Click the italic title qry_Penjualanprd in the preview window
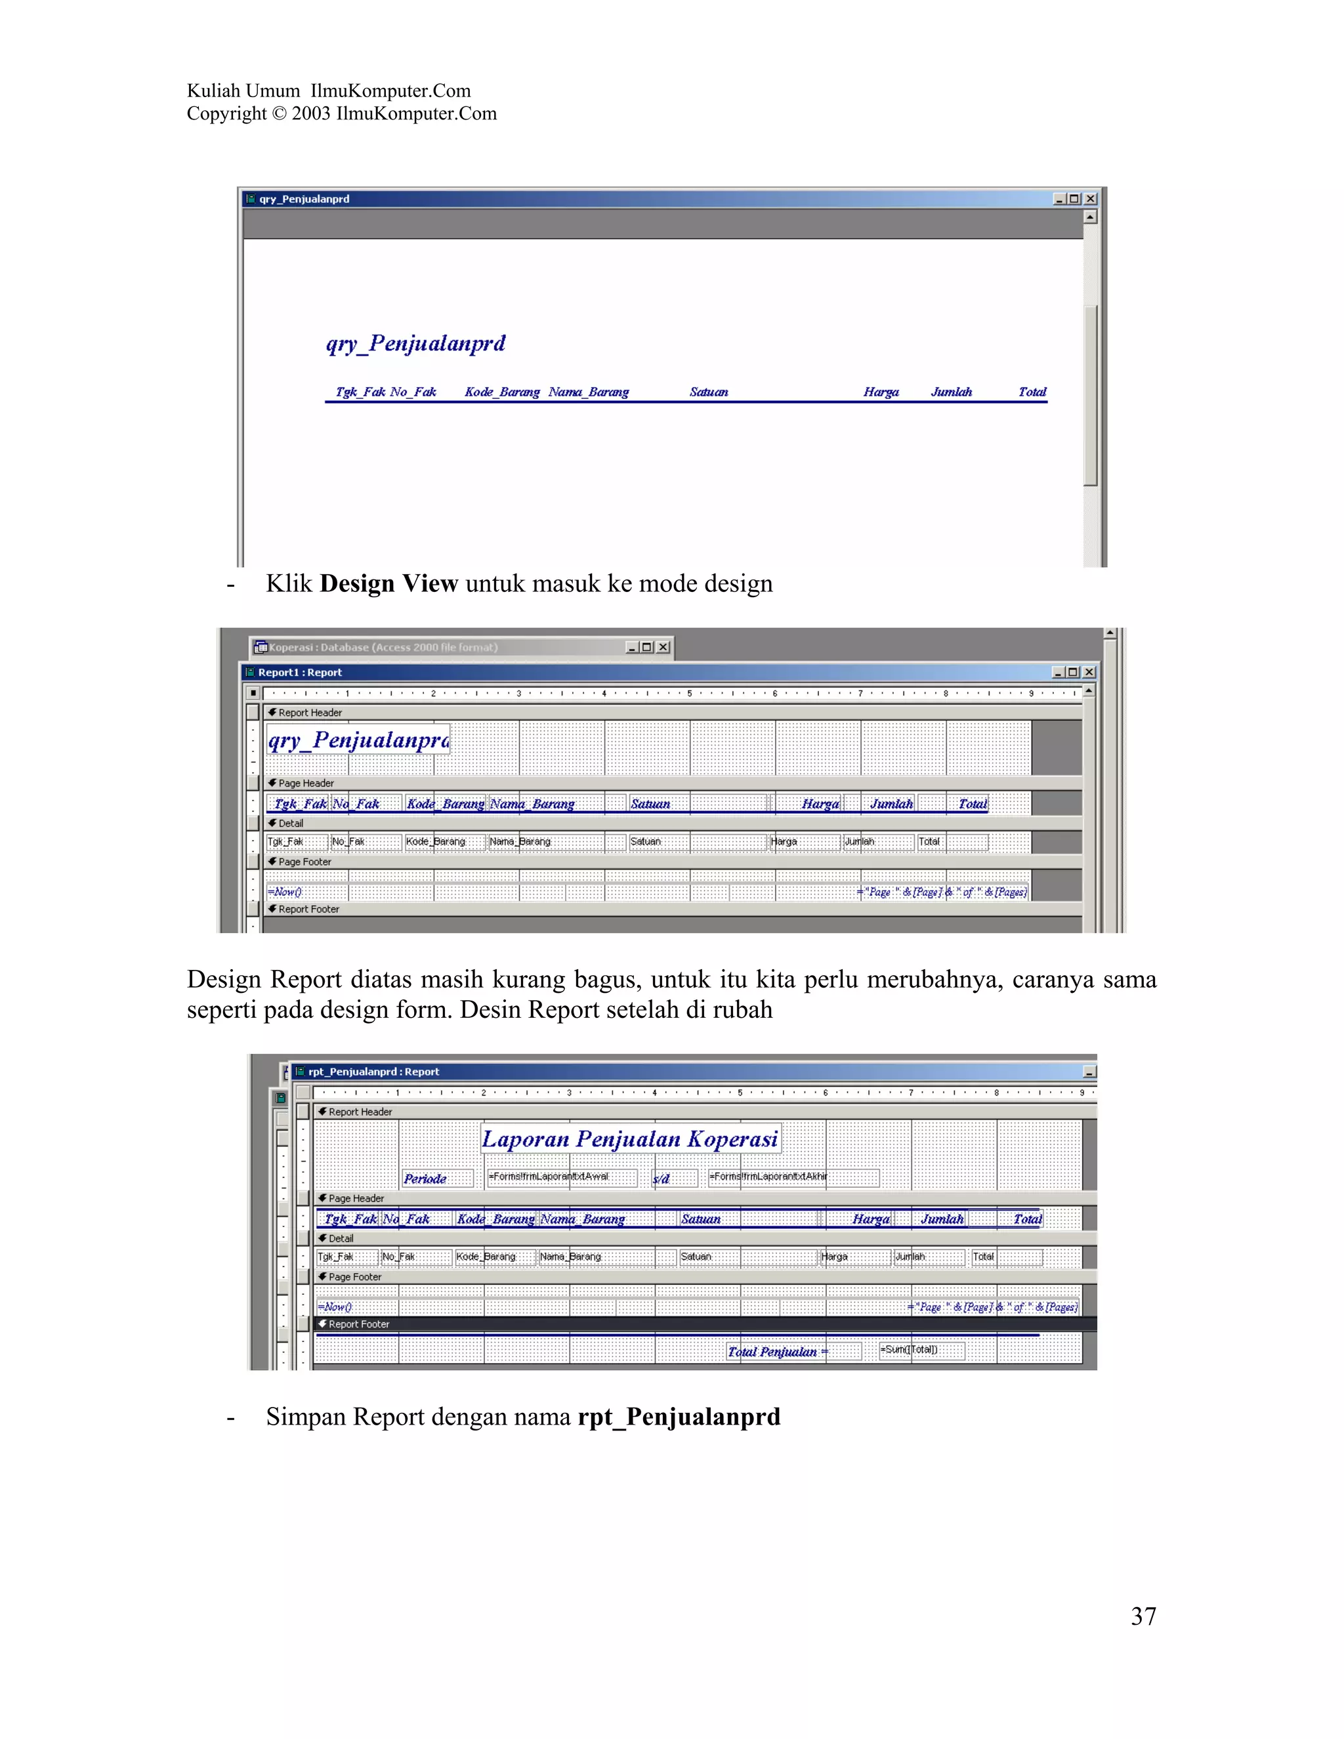pos(415,343)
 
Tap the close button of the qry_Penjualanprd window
pos(1091,199)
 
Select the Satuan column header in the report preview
pos(709,392)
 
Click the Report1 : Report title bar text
pos(300,673)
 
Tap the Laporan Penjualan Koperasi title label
pos(630,1139)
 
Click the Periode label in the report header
pos(425,1179)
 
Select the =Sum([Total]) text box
pos(921,1350)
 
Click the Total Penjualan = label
pos(777,1351)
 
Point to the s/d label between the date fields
pos(661,1179)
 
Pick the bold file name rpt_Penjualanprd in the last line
pos(679,1417)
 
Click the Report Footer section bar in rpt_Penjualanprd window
pos(359,1324)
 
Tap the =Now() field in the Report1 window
pos(285,892)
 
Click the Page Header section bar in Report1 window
pos(306,784)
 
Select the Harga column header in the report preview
pos(881,392)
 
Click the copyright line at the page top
pos(341,114)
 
